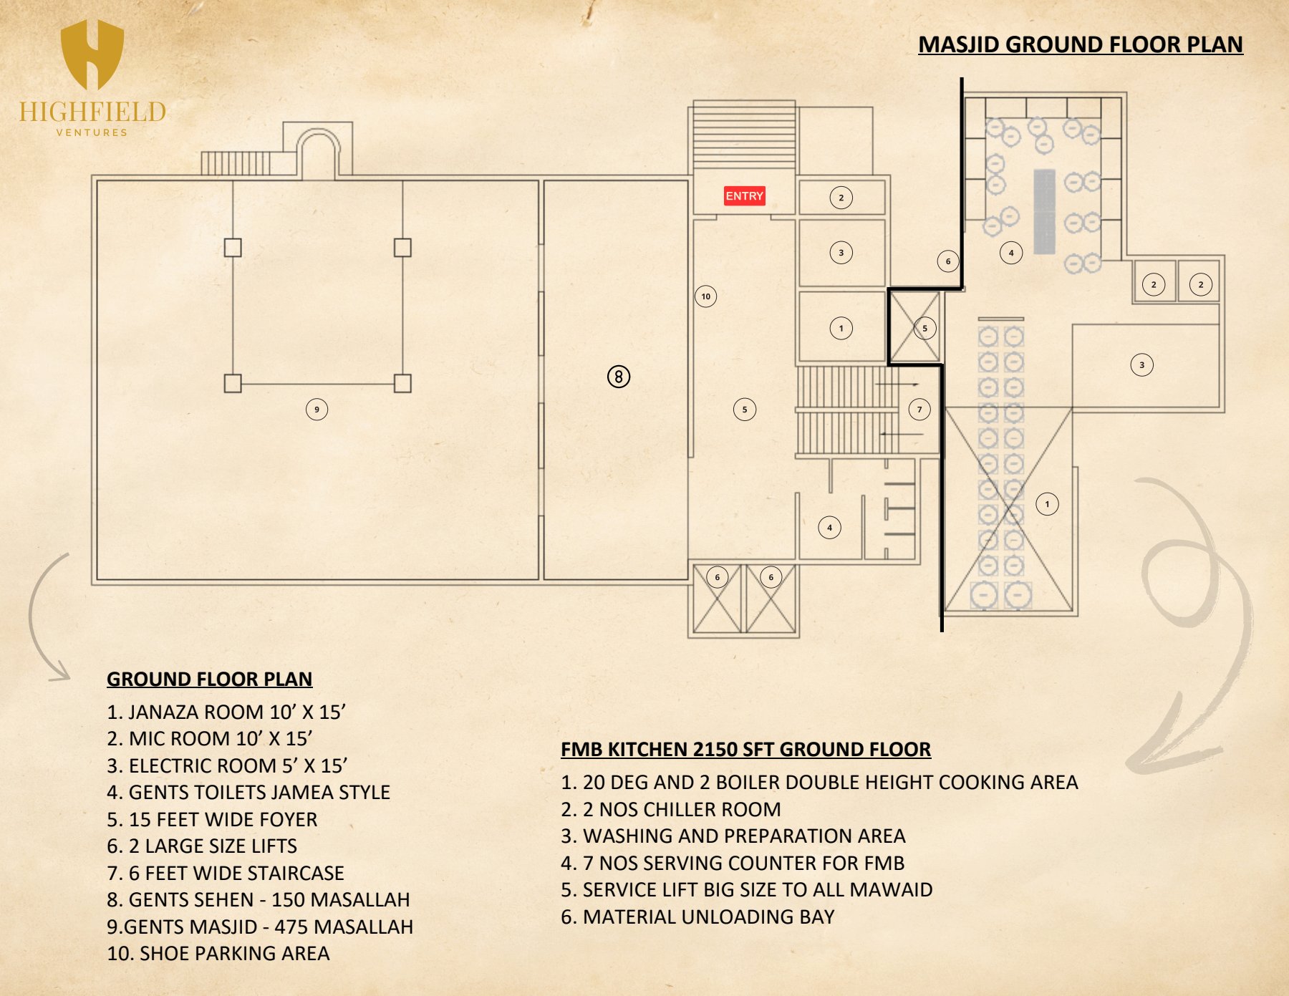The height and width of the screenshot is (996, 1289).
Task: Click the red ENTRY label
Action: [744, 196]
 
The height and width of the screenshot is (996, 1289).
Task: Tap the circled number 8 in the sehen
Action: [619, 377]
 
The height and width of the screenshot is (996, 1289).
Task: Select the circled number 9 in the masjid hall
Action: [317, 410]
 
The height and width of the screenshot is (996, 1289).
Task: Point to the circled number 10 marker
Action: [706, 296]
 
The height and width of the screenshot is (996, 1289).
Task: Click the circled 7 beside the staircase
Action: [919, 410]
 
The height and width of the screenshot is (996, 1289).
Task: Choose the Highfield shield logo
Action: [92, 54]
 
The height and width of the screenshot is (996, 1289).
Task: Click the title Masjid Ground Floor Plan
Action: [1081, 44]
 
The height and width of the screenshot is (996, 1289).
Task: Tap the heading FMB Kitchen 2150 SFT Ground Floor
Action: [745, 749]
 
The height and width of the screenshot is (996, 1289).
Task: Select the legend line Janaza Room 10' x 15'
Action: [226, 712]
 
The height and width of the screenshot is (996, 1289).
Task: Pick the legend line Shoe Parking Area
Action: [218, 953]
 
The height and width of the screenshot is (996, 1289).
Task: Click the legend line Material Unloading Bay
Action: [697, 917]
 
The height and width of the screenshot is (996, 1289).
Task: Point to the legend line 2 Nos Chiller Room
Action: [671, 809]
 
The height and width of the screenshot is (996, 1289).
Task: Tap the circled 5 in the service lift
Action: [924, 329]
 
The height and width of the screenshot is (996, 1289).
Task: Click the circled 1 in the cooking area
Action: [1047, 504]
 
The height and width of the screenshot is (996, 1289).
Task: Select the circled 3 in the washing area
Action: [1141, 365]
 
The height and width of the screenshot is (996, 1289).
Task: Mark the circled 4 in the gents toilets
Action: [829, 528]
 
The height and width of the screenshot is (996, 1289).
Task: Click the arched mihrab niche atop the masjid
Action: [319, 132]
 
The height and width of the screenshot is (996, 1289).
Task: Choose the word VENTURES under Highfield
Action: [92, 132]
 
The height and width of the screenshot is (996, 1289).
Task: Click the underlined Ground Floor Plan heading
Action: [210, 679]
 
